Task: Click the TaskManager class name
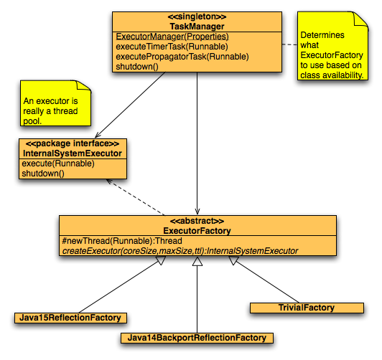(x=197, y=27)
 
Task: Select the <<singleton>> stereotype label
(x=197, y=16)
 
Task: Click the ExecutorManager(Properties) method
(x=172, y=37)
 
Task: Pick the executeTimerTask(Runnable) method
(x=172, y=47)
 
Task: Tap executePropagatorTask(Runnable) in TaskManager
(x=182, y=57)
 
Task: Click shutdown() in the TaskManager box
(x=137, y=67)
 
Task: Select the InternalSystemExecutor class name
(x=73, y=153)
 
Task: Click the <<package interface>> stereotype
(x=73, y=143)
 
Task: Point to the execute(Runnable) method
(x=58, y=164)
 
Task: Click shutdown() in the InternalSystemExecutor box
(x=43, y=174)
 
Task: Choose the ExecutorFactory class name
(x=197, y=231)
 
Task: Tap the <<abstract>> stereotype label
(x=197, y=221)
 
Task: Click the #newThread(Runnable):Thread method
(x=122, y=241)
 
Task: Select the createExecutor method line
(x=180, y=251)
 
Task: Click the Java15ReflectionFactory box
(x=70, y=318)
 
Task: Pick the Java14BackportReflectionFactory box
(x=197, y=338)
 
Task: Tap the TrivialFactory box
(x=307, y=308)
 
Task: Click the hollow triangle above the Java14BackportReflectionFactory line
(x=197, y=262)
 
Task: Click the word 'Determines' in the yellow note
(x=322, y=35)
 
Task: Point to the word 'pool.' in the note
(x=32, y=121)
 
